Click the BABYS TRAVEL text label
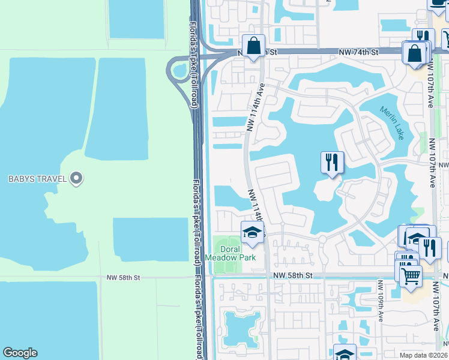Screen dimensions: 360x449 (37, 178)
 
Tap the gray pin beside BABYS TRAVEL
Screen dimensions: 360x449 (76, 178)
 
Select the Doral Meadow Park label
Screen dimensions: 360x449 (231, 253)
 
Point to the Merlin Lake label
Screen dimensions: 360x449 (392, 123)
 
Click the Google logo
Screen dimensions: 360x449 (20, 353)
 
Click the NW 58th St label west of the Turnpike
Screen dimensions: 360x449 (123, 278)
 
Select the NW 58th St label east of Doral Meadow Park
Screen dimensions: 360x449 (293, 275)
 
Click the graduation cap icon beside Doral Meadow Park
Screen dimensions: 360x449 (253, 233)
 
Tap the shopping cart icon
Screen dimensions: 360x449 (411, 276)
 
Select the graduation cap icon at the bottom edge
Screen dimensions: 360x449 (344, 354)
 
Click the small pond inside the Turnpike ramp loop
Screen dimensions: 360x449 (179, 71)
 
